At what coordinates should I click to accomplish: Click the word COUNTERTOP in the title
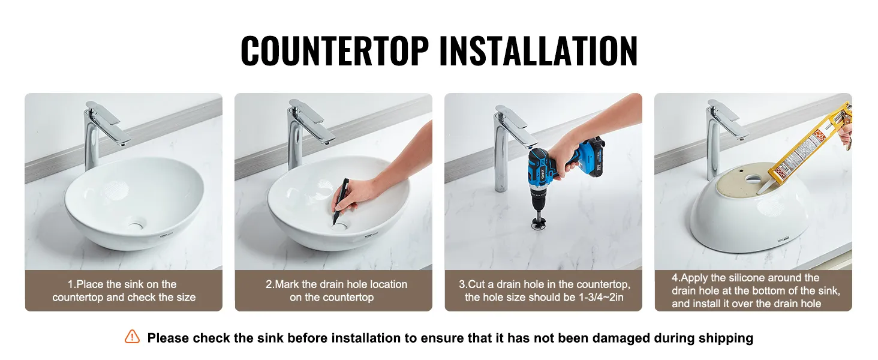(x=335, y=50)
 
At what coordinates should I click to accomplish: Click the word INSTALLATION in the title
(x=539, y=50)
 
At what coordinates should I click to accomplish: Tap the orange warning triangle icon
(x=132, y=337)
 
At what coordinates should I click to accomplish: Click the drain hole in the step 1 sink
(x=136, y=225)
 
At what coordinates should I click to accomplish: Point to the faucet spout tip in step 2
(x=329, y=142)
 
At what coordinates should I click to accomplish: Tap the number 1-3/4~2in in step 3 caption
(x=601, y=297)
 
